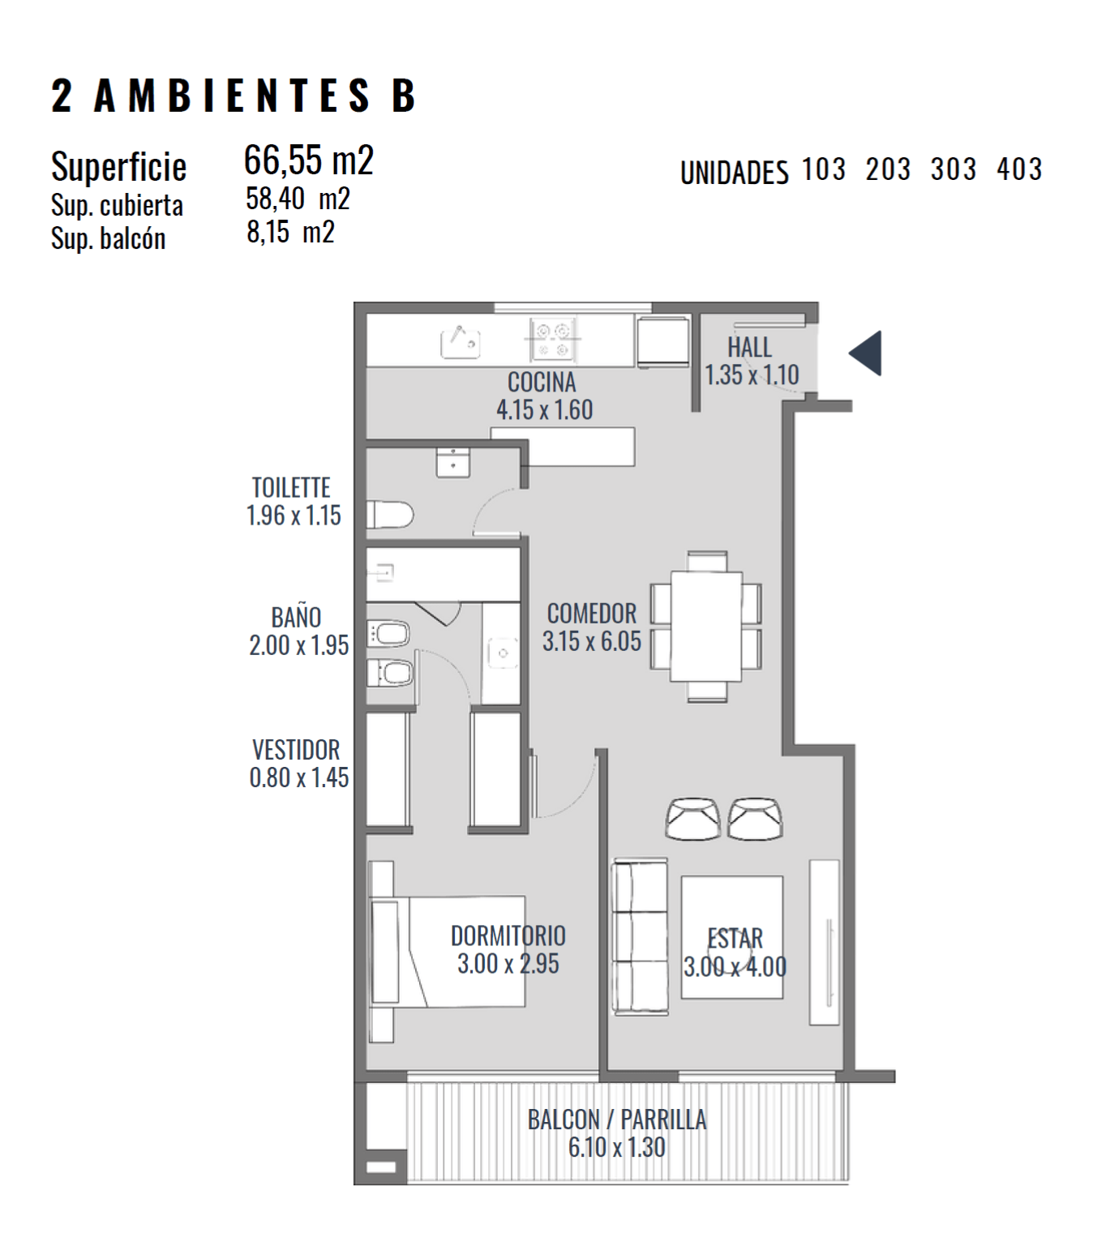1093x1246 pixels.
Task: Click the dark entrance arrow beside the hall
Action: (868, 353)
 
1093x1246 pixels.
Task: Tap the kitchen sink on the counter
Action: (460, 343)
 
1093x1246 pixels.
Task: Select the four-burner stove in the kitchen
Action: (553, 340)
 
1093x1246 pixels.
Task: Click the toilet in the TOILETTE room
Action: (390, 515)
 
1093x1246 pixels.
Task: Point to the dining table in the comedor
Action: (706, 626)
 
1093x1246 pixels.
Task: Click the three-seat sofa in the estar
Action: (640, 936)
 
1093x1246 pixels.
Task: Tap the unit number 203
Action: (888, 169)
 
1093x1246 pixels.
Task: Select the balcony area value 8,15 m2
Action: (290, 232)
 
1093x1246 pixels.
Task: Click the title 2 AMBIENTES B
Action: (234, 96)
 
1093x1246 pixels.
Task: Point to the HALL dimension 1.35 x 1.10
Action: (752, 375)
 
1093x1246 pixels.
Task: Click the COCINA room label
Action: (542, 382)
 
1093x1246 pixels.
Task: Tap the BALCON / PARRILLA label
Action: (617, 1120)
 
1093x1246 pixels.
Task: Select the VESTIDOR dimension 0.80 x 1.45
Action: (299, 777)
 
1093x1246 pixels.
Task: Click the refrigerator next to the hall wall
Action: (663, 342)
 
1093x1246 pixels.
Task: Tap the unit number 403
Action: (1019, 169)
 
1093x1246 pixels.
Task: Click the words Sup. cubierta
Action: (117, 205)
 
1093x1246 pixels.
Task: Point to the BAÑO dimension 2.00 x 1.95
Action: (299, 645)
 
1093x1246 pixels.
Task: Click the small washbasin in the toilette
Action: (453, 462)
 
